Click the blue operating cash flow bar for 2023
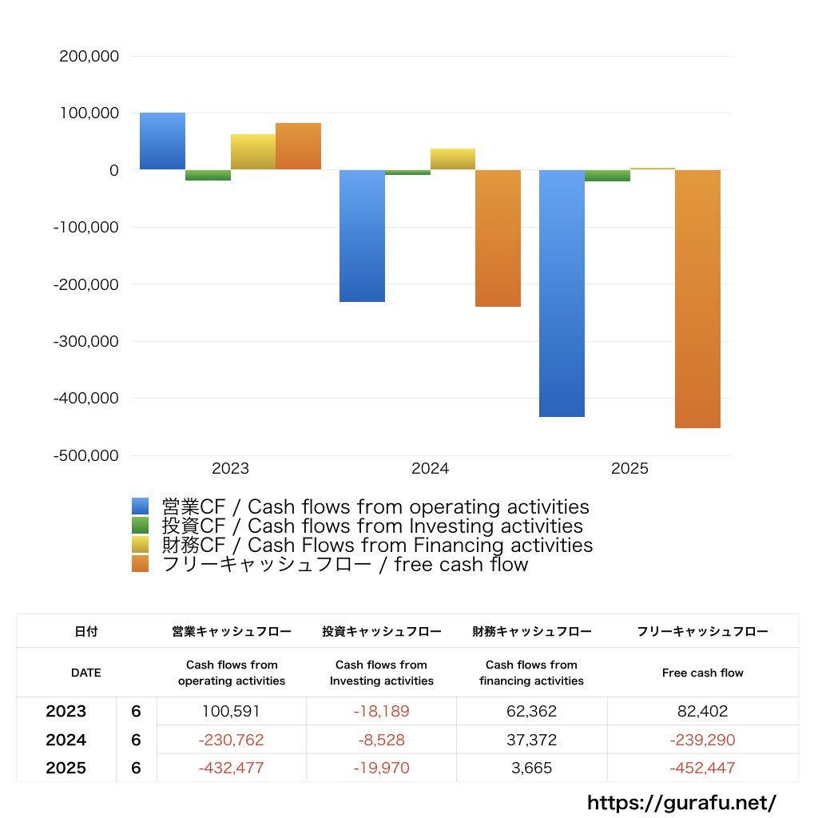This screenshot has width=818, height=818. [x=162, y=141]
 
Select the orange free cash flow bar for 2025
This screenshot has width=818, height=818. [x=697, y=299]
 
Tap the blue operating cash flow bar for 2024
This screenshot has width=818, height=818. [x=362, y=236]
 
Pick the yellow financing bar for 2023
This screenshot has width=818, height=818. [x=252, y=152]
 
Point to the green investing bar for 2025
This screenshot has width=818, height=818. [x=607, y=176]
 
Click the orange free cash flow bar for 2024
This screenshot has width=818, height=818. [x=498, y=238]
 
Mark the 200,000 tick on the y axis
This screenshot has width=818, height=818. [x=89, y=57]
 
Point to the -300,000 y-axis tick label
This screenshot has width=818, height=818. [x=86, y=341]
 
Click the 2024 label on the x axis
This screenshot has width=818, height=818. [x=430, y=469]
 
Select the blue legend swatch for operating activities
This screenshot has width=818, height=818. [x=141, y=506]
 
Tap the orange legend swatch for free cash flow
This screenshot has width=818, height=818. [x=141, y=565]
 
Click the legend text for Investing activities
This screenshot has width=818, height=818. [x=371, y=526]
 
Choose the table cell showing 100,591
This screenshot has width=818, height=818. [x=232, y=711]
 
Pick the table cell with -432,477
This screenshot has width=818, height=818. [x=232, y=768]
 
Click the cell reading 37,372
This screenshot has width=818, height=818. [x=531, y=741]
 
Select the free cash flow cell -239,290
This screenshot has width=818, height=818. [x=703, y=741]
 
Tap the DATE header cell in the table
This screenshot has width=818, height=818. [x=86, y=673]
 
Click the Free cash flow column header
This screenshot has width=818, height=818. [x=703, y=673]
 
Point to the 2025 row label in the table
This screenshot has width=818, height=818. [x=66, y=768]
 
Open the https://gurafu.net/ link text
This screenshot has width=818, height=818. [x=681, y=802]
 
